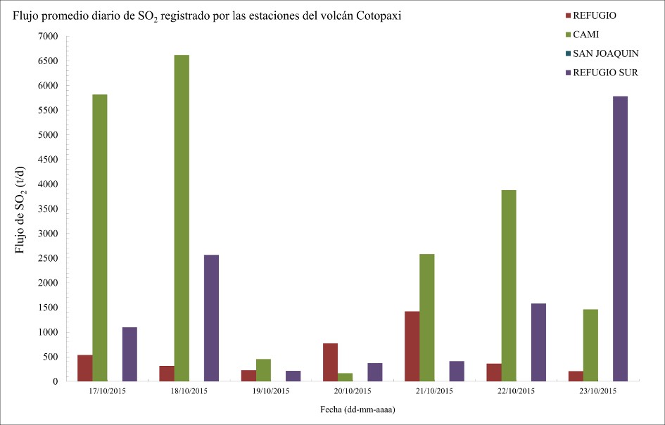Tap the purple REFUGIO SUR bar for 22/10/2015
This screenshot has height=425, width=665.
tap(538, 343)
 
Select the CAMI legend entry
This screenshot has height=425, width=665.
tap(585, 34)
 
